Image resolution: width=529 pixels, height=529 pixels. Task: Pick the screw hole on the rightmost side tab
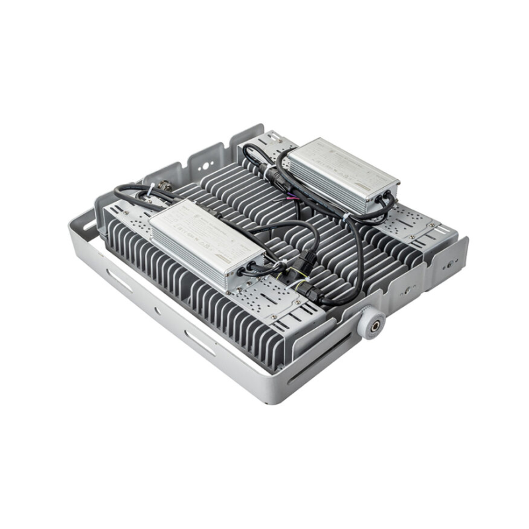454,263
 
